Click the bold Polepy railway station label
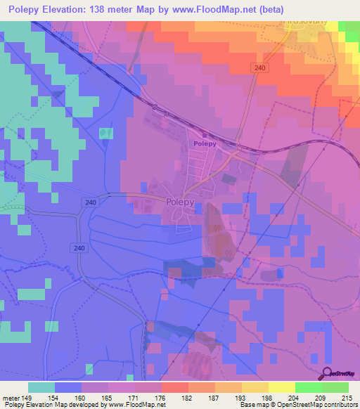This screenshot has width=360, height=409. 204,143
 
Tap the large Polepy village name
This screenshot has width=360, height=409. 185,201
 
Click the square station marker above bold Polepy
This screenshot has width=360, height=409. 205,134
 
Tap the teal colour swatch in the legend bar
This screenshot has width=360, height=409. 41,387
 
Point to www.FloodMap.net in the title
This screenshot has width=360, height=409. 236,10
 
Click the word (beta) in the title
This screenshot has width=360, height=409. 300,10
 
